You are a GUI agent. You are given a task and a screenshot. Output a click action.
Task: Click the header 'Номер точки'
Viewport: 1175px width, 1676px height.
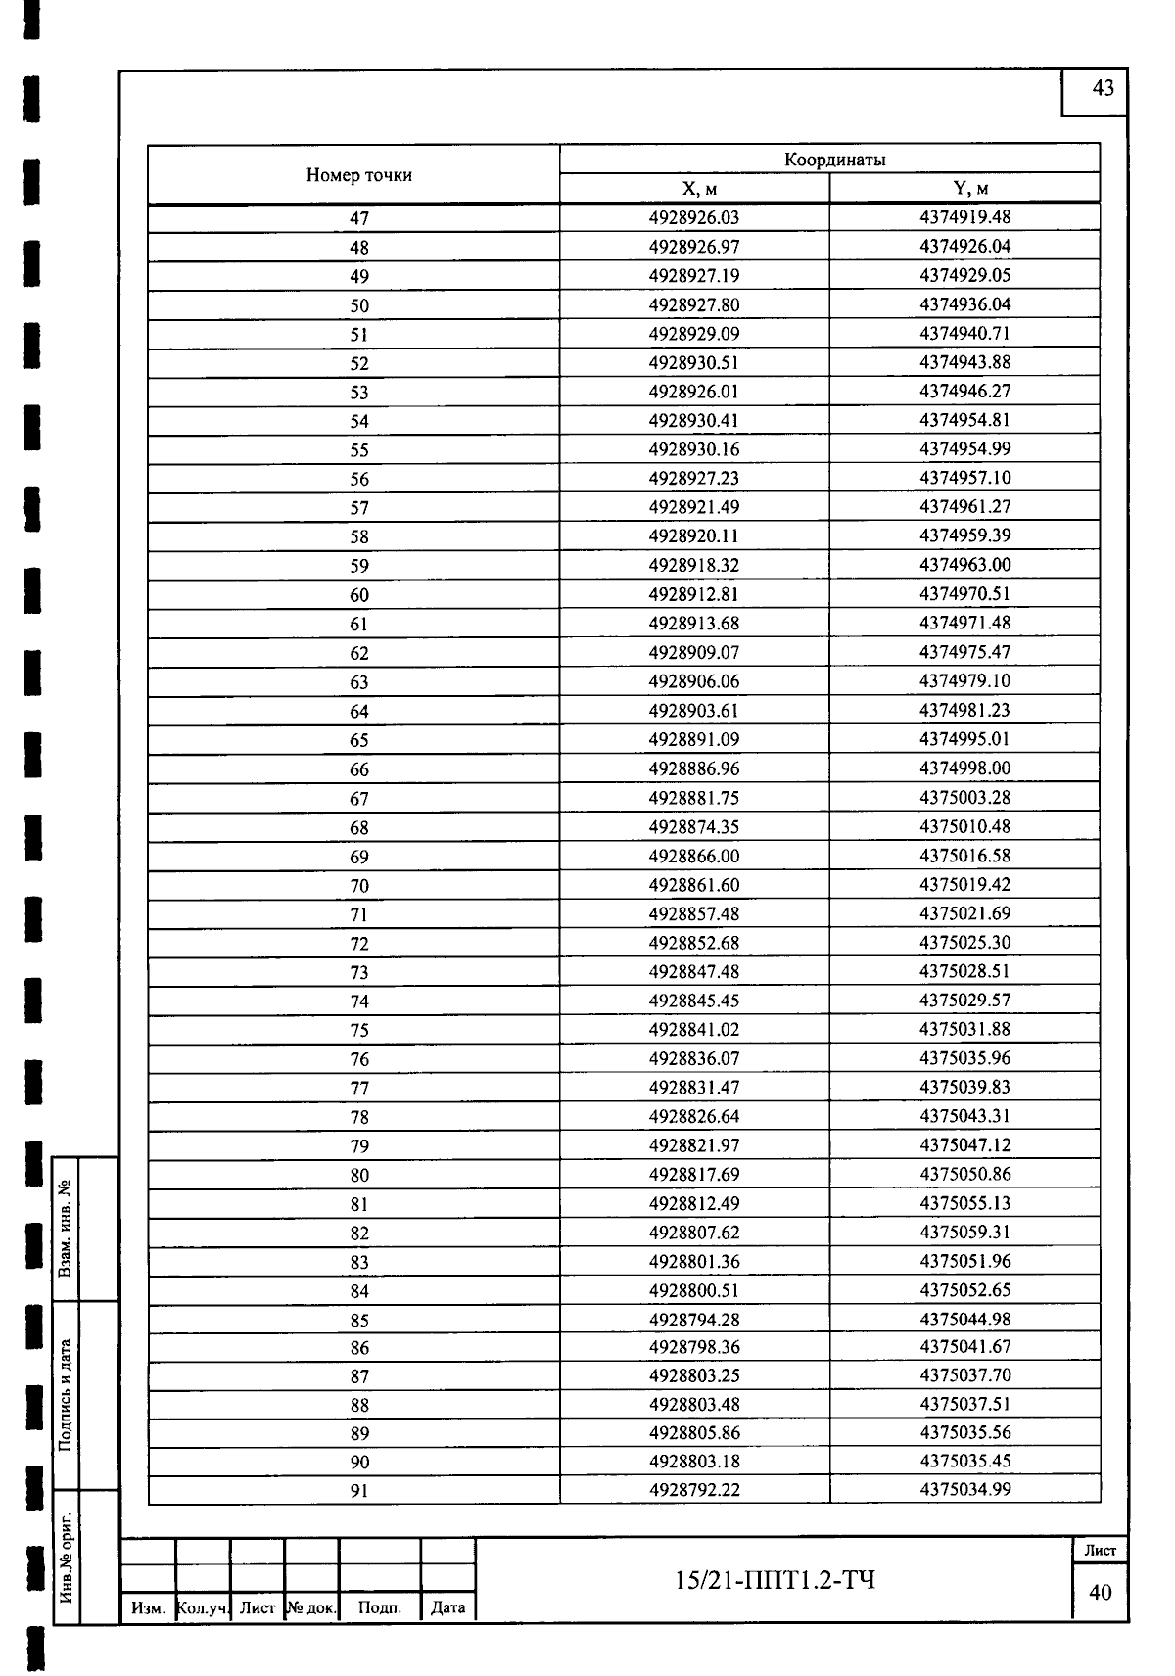(358, 175)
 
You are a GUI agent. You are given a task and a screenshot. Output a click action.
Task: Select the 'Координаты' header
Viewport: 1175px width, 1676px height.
(834, 160)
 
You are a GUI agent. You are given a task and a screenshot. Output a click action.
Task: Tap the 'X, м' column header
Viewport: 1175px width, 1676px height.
(694, 189)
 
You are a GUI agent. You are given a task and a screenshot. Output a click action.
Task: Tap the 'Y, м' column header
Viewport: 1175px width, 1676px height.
(964, 189)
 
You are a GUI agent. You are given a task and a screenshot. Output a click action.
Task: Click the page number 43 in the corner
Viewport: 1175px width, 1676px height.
(1103, 89)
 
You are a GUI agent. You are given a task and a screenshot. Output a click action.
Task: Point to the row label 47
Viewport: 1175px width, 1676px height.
(359, 218)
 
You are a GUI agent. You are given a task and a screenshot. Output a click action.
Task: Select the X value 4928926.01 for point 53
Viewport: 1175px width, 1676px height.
(694, 392)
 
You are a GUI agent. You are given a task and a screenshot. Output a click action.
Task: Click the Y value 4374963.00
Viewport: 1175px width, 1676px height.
(964, 565)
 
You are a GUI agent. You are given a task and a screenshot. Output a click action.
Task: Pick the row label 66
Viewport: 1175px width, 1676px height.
(359, 769)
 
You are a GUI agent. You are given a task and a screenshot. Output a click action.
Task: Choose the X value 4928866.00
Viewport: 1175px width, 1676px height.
(694, 856)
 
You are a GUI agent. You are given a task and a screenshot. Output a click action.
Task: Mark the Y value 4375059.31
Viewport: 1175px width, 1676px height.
(964, 1232)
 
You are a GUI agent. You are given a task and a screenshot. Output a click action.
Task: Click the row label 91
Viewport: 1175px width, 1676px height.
(359, 1491)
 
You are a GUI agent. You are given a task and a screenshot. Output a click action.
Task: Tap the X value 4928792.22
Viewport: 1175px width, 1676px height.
(694, 1490)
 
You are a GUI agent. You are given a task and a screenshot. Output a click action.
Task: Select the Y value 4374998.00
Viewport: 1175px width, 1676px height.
(964, 768)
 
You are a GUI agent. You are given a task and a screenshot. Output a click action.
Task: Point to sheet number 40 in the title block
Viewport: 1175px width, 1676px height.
(1101, 1593)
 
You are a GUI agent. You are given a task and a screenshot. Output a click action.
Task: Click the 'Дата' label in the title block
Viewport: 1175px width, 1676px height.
(447, 1606)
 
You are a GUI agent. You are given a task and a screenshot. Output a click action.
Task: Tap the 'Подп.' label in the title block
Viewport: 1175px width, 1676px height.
(380, 1606)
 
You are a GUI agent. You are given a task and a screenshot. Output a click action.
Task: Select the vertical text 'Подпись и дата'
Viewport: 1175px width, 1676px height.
(66, 1395)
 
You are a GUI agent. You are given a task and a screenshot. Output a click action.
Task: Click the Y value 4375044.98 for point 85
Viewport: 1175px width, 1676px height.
(964, 1319)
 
